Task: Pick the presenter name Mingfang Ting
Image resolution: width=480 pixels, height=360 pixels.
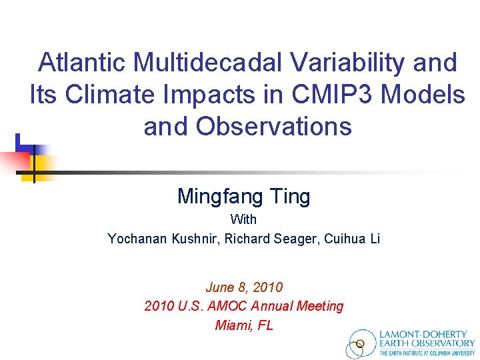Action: pos(243,196)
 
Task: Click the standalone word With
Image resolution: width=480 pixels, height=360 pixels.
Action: pos(243,219)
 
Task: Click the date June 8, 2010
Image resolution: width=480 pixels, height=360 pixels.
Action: pos(244,287)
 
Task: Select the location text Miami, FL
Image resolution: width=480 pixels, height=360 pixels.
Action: pos(244,325)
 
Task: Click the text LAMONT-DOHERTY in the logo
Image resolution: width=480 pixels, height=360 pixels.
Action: pos(427,335)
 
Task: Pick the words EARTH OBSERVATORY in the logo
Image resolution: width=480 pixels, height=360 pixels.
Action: pos(427,344)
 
